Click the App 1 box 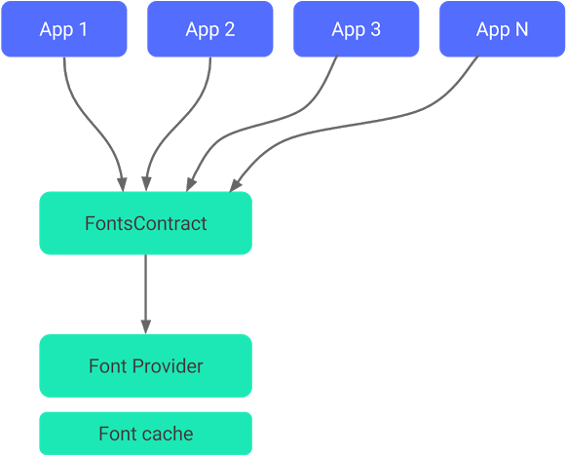63,29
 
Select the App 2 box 209,29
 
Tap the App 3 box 356,29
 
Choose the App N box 502,29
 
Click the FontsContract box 145,223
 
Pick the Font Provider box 145,366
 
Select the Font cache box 145,434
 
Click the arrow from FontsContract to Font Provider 145,292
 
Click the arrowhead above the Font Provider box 145,325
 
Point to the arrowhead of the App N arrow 235,183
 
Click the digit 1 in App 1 83,29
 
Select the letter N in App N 521,29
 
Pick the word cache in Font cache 170,434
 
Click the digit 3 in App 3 375,29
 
